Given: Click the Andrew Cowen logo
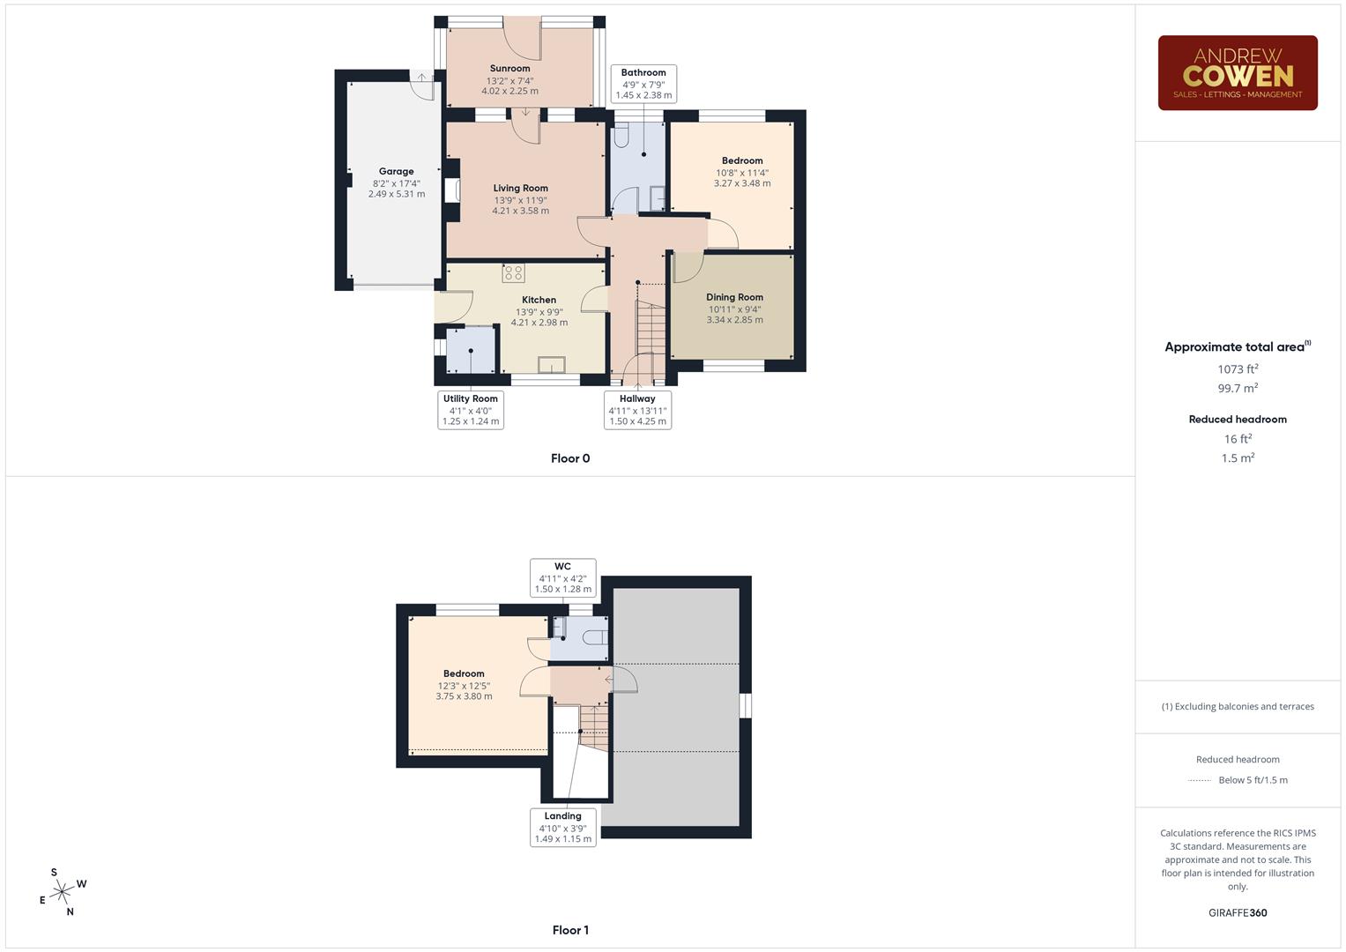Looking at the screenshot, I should [1237, 72].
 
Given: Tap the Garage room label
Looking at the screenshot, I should [396, 172].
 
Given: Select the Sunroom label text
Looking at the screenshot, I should [509, 69].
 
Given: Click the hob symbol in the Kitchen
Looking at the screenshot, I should [513, 273].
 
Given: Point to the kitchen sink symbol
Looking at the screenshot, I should [552, 364].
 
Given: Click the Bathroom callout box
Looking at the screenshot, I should [643, 84].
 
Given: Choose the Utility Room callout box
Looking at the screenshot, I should [471, 410].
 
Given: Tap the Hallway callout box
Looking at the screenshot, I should [637, 410].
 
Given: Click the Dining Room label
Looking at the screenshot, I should [734, 298].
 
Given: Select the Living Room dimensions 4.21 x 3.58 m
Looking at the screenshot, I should [520, 211].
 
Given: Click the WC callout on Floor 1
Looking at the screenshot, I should [563, 577].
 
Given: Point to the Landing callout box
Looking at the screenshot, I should [563, 827].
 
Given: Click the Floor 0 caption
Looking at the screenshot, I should [570, 458].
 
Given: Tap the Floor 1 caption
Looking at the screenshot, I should [570, 930].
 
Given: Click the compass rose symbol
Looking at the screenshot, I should [62, 892].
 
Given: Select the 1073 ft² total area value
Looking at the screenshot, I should [1238, 369].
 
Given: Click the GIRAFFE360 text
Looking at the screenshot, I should [1238, 912].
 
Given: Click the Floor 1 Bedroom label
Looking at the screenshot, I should [464, 674].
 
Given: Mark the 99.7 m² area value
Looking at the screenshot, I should [1238, 388].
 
